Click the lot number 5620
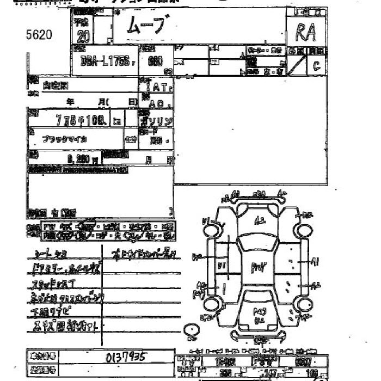pyautogui.click(x=39, y=35)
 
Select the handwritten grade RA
pyautogui.click(x=306, y=33)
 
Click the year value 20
pyautogui.click(x=84, y=36)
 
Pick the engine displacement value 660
pyautogui.click(x=155, y=61)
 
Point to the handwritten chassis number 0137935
pyautogui.click(x=126, y=357)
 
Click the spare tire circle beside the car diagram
pyautogui.click(x=191, y=330)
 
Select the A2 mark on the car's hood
pyautogui.click(x=260, y=220)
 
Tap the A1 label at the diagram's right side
pyautogui.click(x=315, y=261)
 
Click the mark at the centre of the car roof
pyautogui.click(x=257, y=267)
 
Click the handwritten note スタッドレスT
pyautogui.click(x=55, y=283)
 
